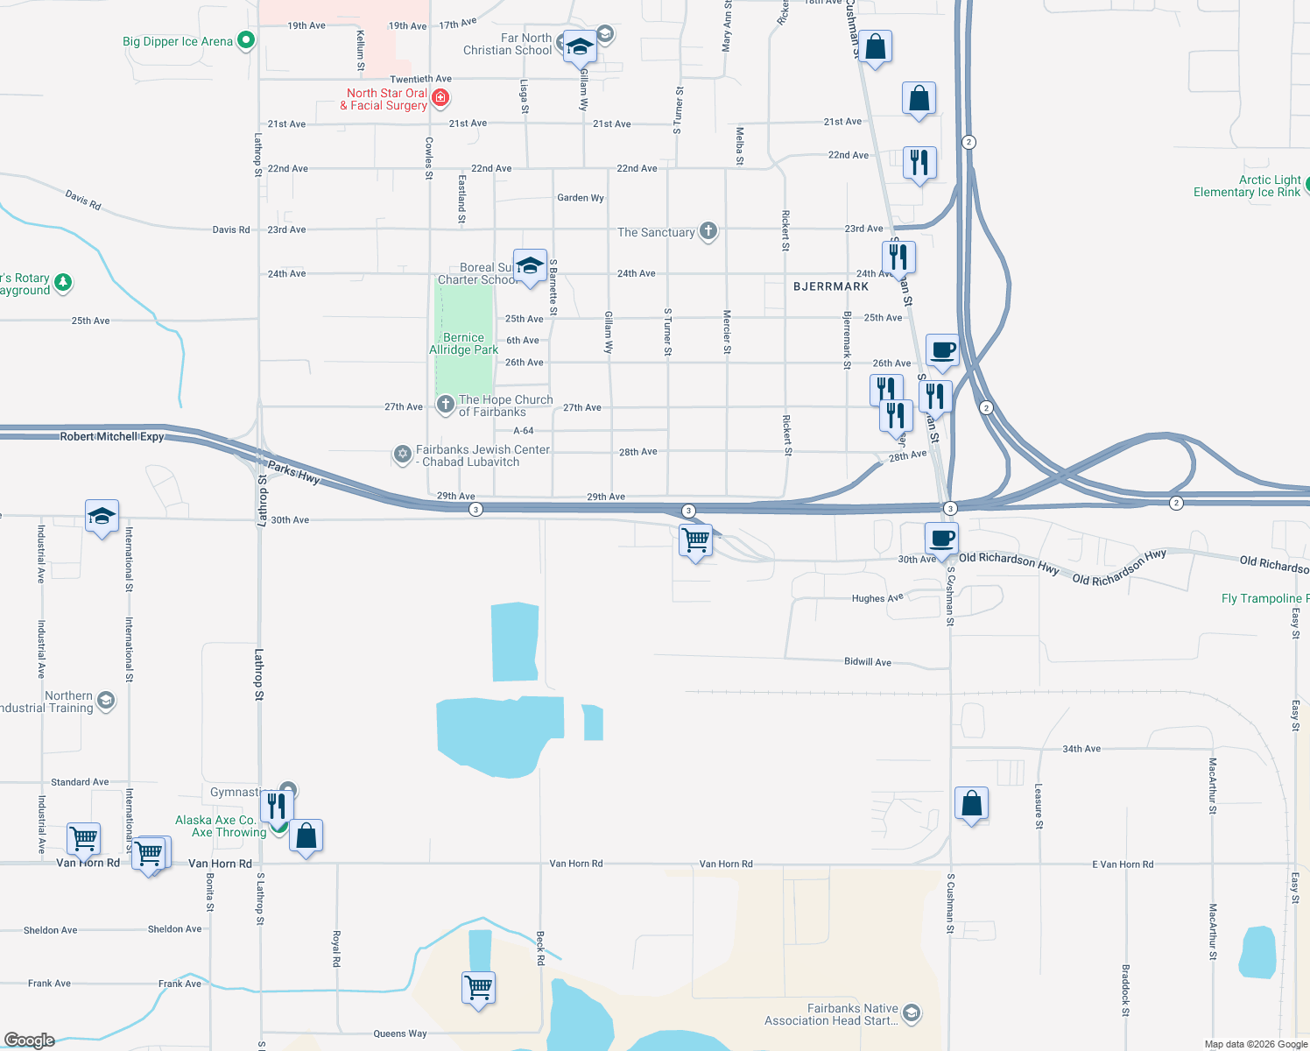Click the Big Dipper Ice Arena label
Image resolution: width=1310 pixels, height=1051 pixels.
pyautogui.click(x=178, y=41)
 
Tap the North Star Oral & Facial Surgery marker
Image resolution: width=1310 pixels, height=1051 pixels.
pyautogui.click(x=441, y=98)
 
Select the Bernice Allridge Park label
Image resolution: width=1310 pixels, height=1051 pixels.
pyautogui.click(x=463, y=343)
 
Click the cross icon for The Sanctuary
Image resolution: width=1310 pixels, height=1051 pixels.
pyautogui.click(x=708, y=231)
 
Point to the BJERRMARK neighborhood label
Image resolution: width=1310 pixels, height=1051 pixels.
pyautogui.click(x=831, y=286)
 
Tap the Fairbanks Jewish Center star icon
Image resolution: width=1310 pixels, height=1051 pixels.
pyautogui.click(x=403, y=453)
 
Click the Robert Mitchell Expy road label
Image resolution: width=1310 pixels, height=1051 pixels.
pyautogui.click(x=112, y=436)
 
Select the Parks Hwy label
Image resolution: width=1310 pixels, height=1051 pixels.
pyautogui.click(x=293, y=473)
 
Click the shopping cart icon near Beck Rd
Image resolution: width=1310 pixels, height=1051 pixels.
pyautogui.click(x=479, y=988)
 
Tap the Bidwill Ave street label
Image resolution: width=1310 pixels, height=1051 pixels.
pyautogui.click(x=868, y=662)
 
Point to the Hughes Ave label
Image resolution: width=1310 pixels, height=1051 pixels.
pyautogui.click(x=877, y=598)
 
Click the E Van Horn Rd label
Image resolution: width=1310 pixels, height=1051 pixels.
pyautogui.click(x=1123, y=864)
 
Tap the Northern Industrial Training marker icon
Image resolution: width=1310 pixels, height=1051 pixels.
pyautogui.click(x=106, y=700)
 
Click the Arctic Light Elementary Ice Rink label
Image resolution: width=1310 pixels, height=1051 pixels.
pyautogui.click(x=1247, y=186)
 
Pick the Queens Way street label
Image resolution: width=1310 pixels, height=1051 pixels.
pyautogui.click(x=400, y=1033)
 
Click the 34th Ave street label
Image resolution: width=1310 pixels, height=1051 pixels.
pyautogui.click(x=1081, y=749)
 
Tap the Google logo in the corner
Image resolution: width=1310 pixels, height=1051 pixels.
pyautogui.click(x=30, y=1040)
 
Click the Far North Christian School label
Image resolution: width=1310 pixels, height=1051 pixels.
pyautogui.click(x=508, y=44)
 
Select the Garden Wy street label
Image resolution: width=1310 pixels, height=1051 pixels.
pyautogui.click(x=581, y=198)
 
